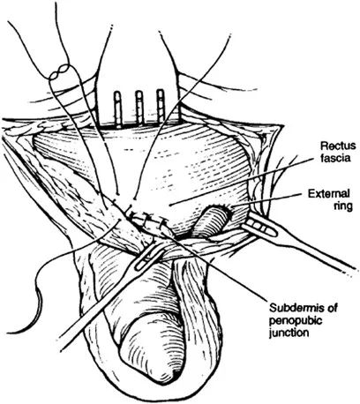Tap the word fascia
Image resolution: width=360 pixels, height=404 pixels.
pyautogui.click(x=336, y=158)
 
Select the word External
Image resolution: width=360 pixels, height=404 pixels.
pyautogui.click(x=329, y=194)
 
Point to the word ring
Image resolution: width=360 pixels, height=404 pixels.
pyautogui.click(x=343, y=206)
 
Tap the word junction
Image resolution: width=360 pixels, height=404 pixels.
pyautogui.click(x=289, y=333)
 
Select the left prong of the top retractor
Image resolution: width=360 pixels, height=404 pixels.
pyautogui.click(x=118, y=109)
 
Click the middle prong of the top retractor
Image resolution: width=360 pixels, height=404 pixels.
pyautogui.click(x=139, y=108)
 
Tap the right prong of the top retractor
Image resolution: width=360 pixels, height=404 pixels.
pyautogui.click(x=161, y=106)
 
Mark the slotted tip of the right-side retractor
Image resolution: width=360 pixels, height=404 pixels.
pyautogui.click(x=259, y=226)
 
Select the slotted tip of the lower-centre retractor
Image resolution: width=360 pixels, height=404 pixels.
pyautogui.click(x=149, y=255)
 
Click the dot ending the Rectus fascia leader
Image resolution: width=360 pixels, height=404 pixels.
pyautogui.click(x=170, y=204)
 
